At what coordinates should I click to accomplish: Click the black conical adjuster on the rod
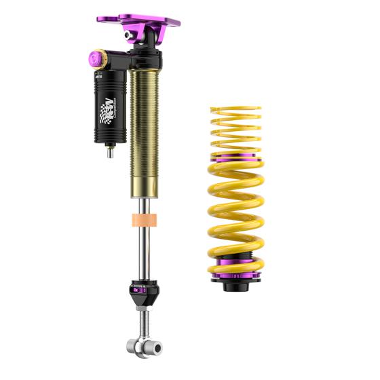[145, 293]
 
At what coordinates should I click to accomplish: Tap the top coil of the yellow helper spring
[235, 108]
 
